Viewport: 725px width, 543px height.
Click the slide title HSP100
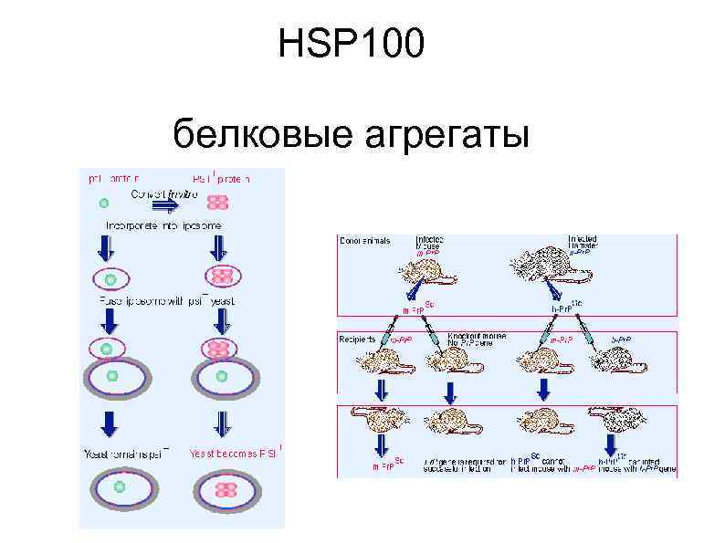pos(352,45)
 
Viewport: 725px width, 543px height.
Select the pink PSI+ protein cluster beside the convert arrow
pos(219,203)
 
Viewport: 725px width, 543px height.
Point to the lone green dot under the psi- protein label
pos(104,203)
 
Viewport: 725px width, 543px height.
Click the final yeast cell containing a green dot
pos(120,489)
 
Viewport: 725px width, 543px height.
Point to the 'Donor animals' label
pos(364,241)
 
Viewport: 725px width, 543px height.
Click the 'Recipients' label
pos(359,339)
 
